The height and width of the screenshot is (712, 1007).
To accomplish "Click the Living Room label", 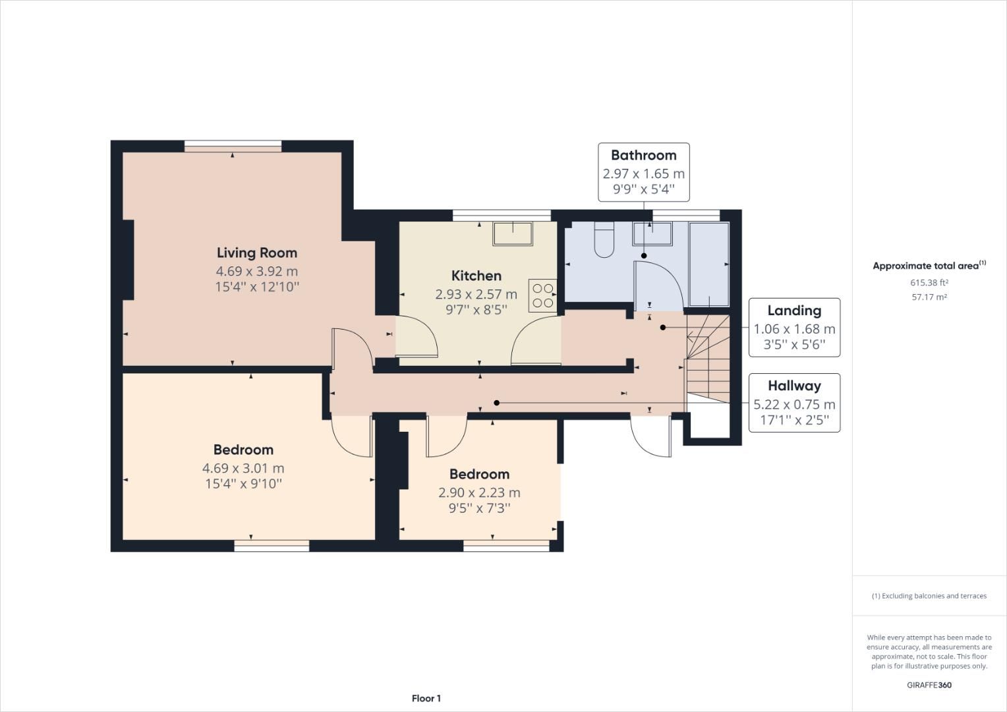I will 257,252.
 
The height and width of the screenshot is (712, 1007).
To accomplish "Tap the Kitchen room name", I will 476,276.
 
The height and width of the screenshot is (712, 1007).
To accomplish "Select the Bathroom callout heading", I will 643,155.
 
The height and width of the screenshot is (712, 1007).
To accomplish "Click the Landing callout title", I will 794,311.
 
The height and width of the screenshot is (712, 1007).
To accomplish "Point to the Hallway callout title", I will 794,386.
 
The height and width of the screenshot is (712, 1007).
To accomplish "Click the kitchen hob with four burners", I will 542,296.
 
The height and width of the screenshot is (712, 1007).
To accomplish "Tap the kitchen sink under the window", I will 513,233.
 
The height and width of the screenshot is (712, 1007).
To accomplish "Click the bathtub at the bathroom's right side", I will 709,264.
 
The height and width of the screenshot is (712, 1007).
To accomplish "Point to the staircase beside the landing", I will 708,359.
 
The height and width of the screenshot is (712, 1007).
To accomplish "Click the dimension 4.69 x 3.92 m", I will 257,271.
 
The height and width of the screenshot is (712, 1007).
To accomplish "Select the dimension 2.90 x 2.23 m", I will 479,492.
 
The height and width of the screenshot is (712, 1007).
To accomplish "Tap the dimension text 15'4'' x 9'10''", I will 243,484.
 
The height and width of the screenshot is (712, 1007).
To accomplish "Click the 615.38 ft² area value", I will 929,282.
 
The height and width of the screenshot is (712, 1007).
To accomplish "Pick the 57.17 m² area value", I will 929,297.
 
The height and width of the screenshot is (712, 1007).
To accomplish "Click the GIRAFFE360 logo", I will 929,685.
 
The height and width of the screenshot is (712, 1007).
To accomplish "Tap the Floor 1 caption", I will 426,698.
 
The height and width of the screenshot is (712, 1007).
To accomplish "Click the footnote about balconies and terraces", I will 929,596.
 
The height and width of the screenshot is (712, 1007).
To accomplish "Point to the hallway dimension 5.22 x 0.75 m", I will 794,404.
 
